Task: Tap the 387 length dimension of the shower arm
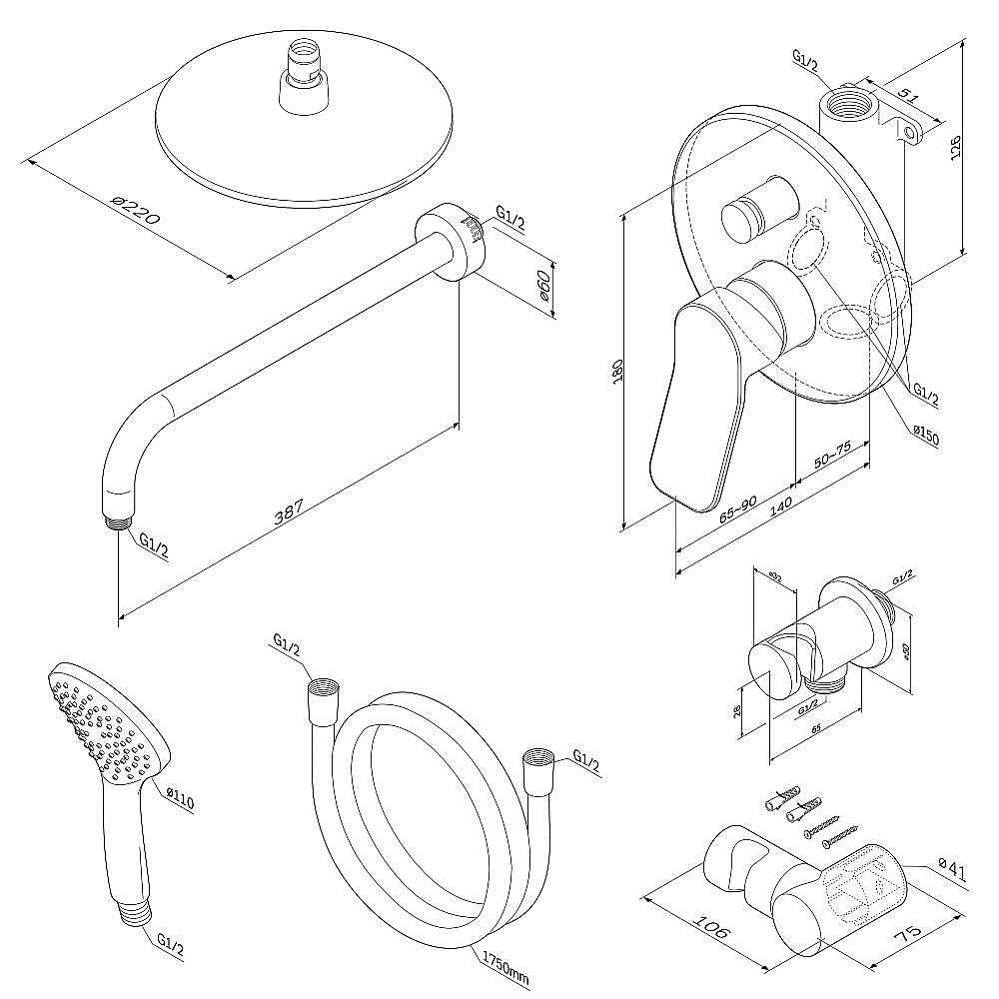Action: (x=289, y=511)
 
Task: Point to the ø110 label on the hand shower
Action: (x=181, y=798)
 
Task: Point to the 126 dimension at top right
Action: (x=956, y=148)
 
